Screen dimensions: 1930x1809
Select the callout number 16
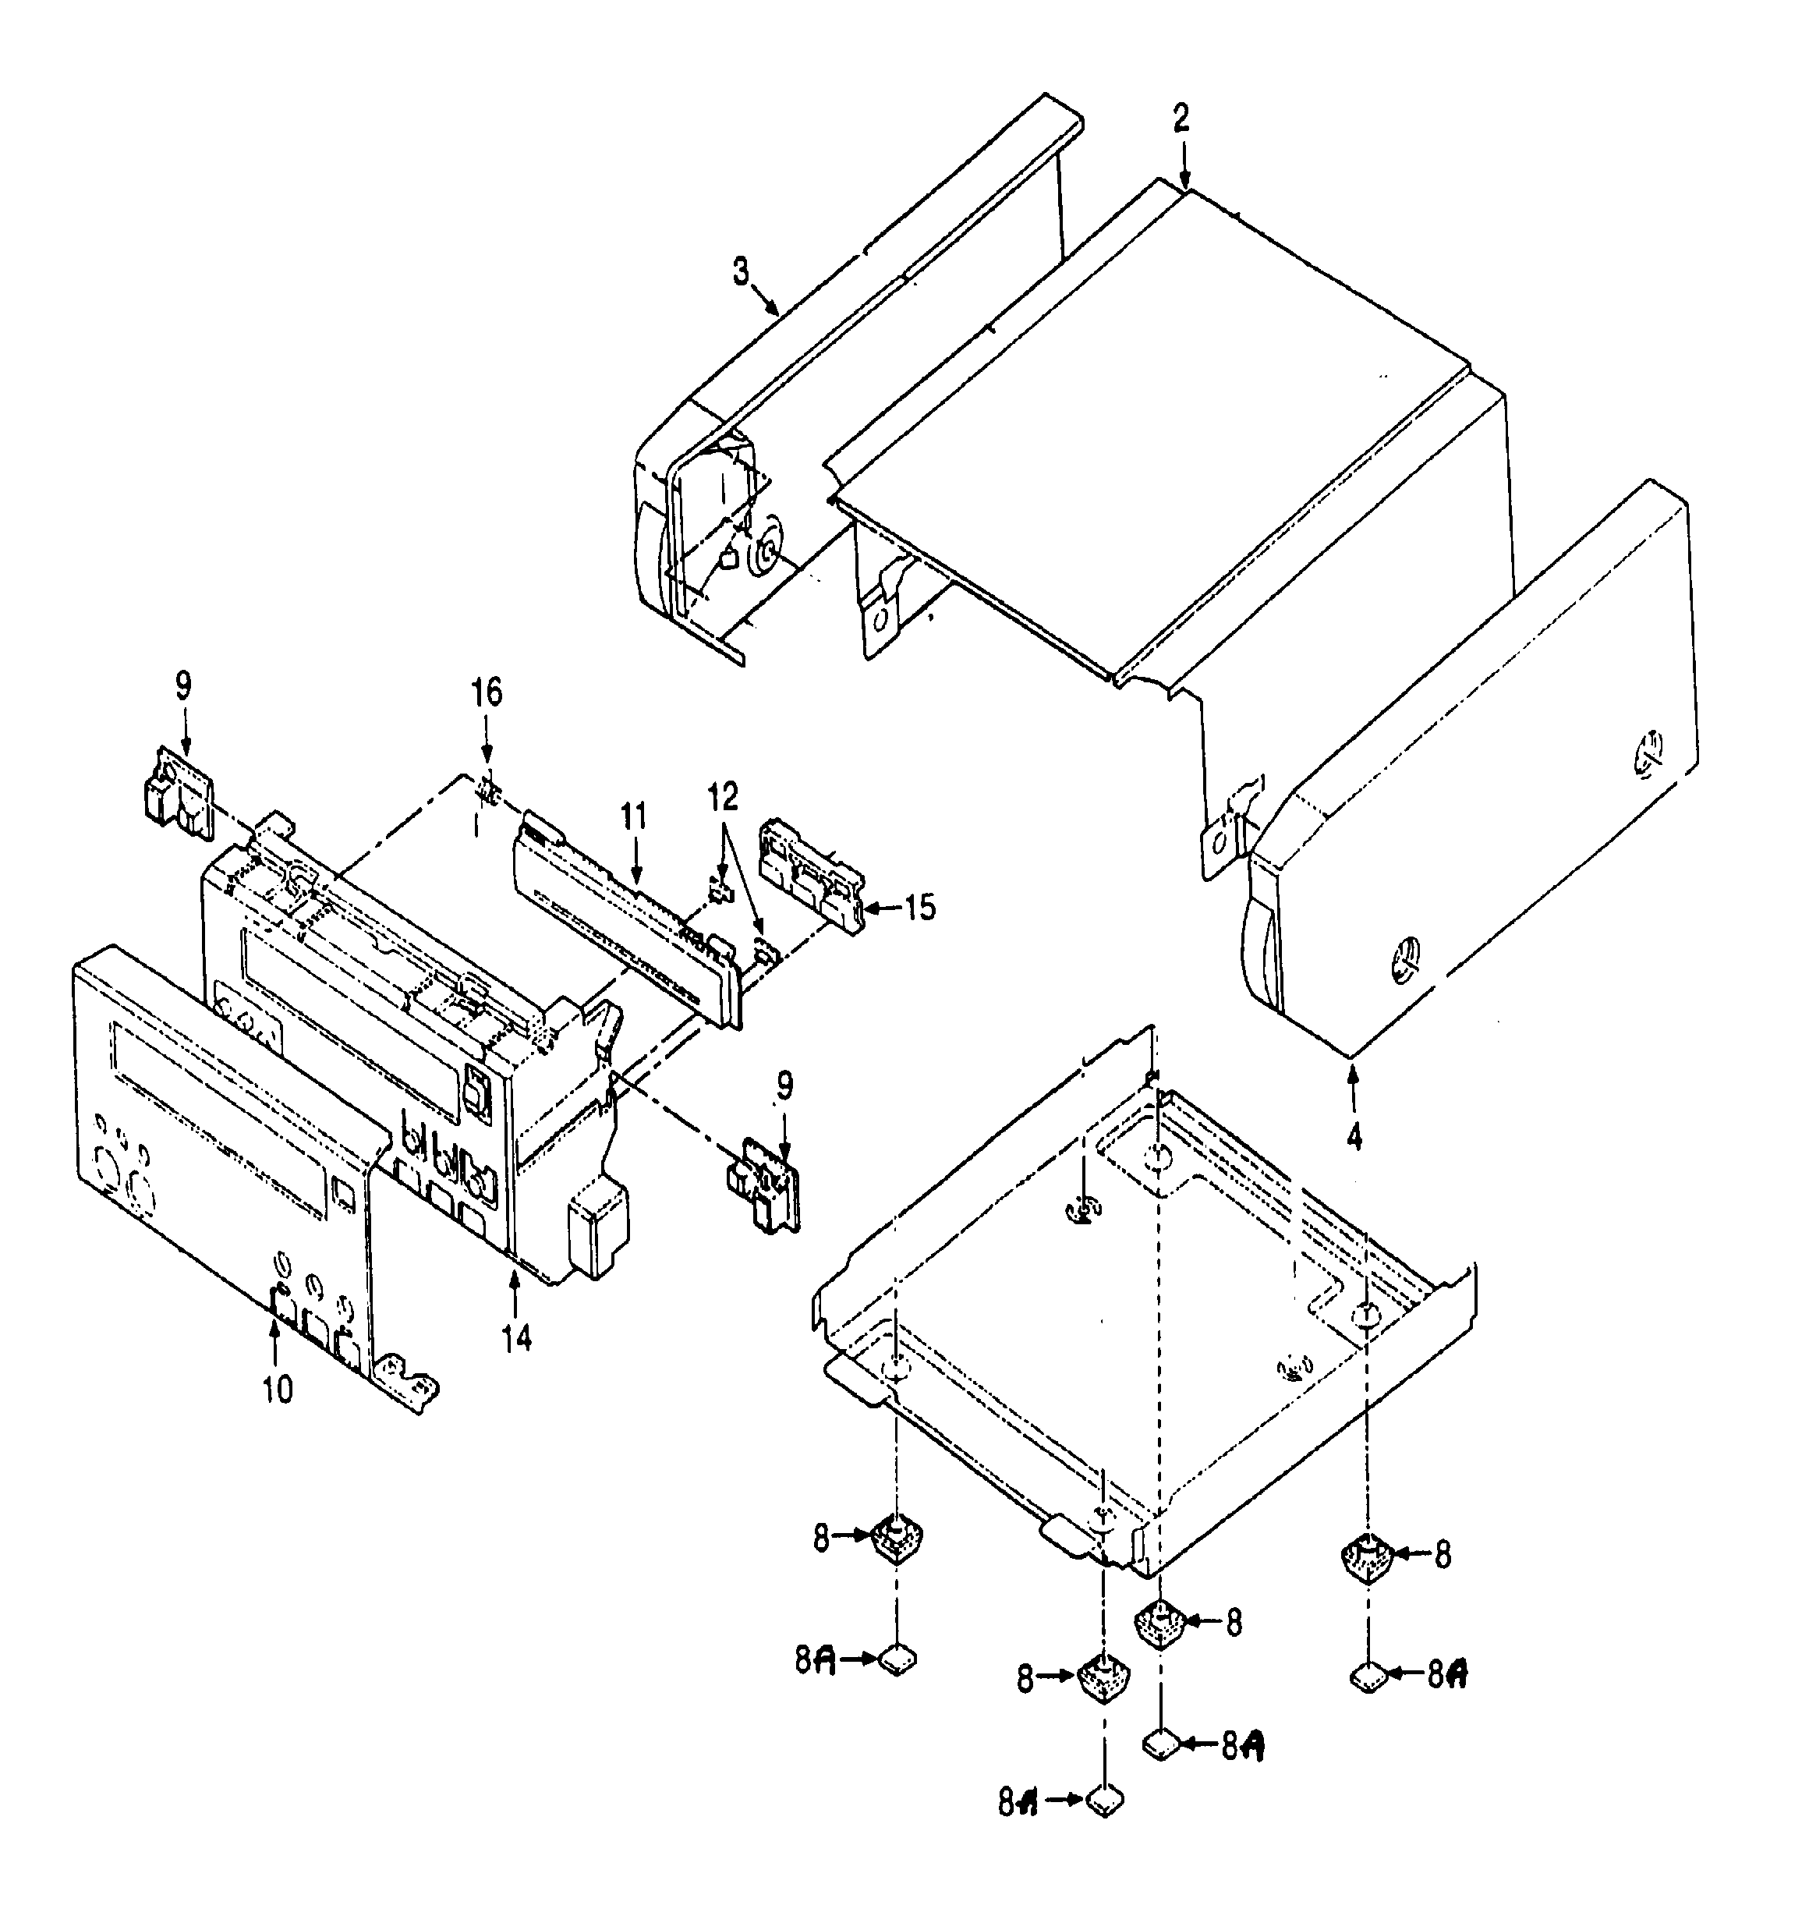(487, 693)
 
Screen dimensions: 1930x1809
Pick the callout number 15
(919, 908)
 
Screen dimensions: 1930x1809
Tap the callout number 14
(517, 1339)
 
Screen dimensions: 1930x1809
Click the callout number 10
(277, 1390)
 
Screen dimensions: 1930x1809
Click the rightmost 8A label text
(1447, 1673)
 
